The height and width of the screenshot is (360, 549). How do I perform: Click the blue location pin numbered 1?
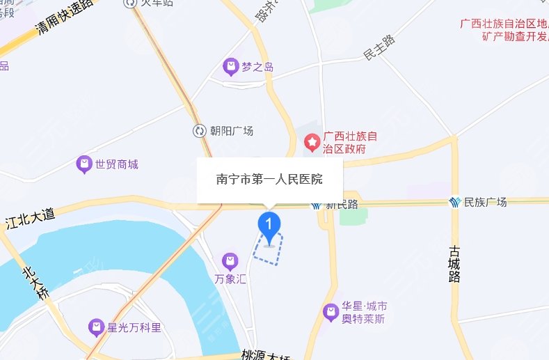tap(269, 224)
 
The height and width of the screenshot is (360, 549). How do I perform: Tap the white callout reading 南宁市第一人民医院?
tap(269, 180)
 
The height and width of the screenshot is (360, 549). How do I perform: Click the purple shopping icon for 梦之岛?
tap(230, 68)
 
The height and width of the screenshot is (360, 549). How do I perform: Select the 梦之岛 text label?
tap(257, 68)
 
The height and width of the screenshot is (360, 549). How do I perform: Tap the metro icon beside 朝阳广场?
tap(200, 131)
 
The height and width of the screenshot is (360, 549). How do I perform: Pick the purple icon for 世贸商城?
tap(84, 164)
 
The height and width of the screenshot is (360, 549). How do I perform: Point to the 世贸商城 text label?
tap(117, 165)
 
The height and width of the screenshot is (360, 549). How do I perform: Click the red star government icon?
tap(313, 143)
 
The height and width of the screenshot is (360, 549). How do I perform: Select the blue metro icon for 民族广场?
tap(455, 202)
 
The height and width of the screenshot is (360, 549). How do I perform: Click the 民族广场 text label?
tap(486, 203)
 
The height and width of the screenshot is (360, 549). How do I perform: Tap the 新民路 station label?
tap(342, 205)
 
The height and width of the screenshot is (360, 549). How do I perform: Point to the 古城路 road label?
tap(455, 263)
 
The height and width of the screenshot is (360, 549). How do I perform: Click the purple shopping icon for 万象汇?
tap(230, 262)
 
